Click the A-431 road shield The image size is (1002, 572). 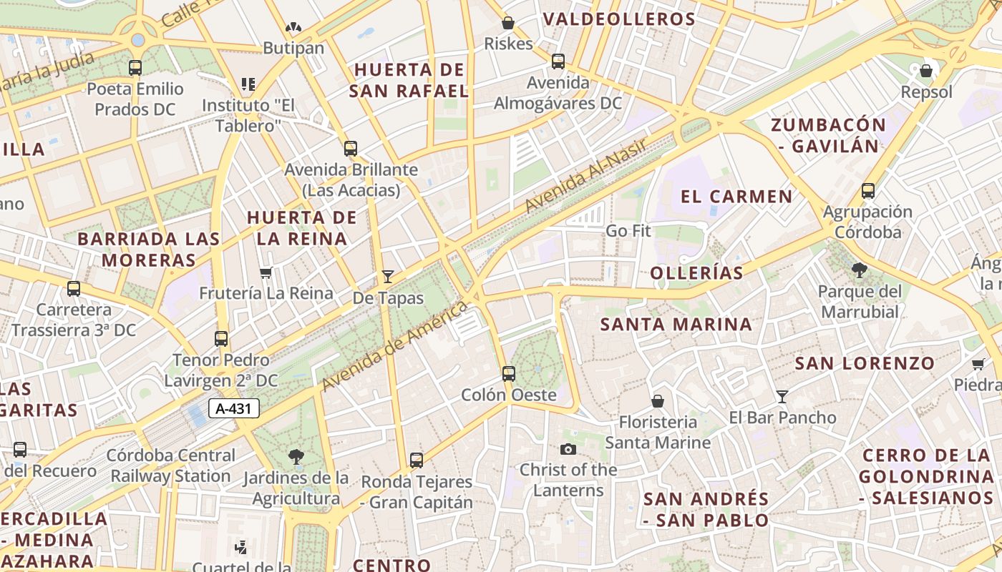tap(233, 409)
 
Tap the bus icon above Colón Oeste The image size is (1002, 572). tap(509, 373)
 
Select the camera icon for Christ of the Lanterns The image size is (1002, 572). tap(568, 449)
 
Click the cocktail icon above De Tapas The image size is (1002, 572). tap(388, 276)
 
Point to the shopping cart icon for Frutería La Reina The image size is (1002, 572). tap(266, 272)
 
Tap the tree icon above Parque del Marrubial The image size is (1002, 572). tap(860, 270)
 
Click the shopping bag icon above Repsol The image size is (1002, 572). tap(926, 71)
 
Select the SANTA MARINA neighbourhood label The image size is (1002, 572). tap(676, 325)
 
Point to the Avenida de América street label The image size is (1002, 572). tap(394, 346)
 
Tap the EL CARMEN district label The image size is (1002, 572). tap(736, 197)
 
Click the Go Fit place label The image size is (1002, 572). tap(628, 231)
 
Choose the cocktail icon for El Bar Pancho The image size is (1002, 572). tap(782, 396)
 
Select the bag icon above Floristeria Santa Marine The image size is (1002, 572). tap(658, 401)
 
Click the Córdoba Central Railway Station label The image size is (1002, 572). tap(171, 465)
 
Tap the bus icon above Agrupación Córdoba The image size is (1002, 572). tap(868, 191)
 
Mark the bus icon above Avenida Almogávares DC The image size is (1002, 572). tap(558, 61)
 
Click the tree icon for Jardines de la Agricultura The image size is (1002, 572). tap(296, 456)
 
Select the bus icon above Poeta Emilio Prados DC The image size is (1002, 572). tap(135, 68)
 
